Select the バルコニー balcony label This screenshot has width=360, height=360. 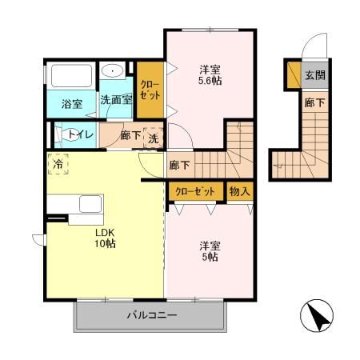[x=151, y=315]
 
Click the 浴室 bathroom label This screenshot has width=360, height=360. [x=72, y=104]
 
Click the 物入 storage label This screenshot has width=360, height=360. [x=240, y=192]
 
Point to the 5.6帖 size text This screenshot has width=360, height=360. [x=210, y=82]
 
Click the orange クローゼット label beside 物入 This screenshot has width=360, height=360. [x=195, y=192]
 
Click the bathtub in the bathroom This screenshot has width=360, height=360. [x=72, y=77]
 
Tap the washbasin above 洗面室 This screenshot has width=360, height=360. [x=114, y=71]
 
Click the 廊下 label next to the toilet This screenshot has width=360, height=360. [x=130, y=136]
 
